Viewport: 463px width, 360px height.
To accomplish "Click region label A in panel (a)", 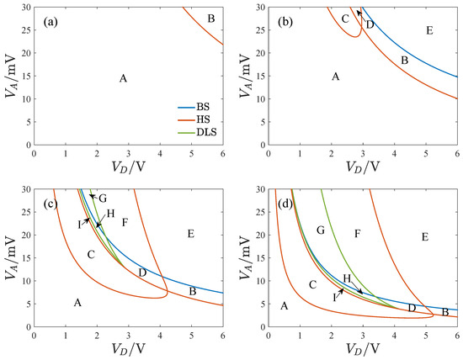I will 123,78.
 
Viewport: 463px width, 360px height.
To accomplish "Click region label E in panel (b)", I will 429,31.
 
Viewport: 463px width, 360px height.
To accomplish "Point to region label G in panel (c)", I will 102,199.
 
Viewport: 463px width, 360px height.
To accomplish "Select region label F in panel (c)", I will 125,222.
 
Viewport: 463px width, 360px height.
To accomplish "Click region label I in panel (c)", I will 79,224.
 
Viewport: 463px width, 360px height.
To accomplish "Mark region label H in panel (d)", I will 346,278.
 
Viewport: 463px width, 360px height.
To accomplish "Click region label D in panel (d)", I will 412,308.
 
